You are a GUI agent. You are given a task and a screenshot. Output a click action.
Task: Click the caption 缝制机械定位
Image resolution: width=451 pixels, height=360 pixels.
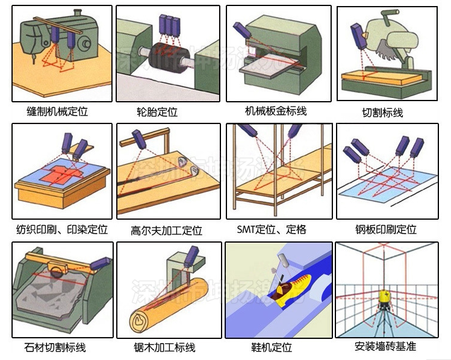click(x=57, y=112)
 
